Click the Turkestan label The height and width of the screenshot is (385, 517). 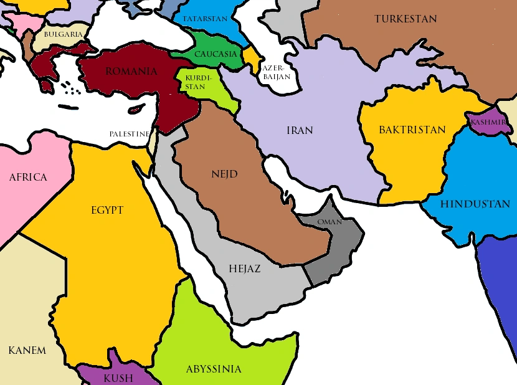406,19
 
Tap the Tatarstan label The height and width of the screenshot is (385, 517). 205,19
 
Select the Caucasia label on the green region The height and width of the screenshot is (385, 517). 216,54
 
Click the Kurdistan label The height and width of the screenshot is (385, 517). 195,82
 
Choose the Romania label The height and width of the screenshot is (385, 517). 131,72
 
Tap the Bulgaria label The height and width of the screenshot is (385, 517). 63,34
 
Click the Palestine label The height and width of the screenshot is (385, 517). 130,134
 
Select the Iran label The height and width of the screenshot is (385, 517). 300,131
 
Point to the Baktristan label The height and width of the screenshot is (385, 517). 412,130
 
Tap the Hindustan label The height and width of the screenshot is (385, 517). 475,204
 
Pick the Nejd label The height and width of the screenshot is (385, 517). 224,174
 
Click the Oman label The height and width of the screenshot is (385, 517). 330,222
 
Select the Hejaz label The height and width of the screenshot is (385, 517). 245,269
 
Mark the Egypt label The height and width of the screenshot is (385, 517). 107,210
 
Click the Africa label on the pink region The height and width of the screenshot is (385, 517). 28,178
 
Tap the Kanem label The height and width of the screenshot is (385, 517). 27,350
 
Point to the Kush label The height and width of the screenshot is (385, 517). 118,378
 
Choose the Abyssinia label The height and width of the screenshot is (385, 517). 214,369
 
